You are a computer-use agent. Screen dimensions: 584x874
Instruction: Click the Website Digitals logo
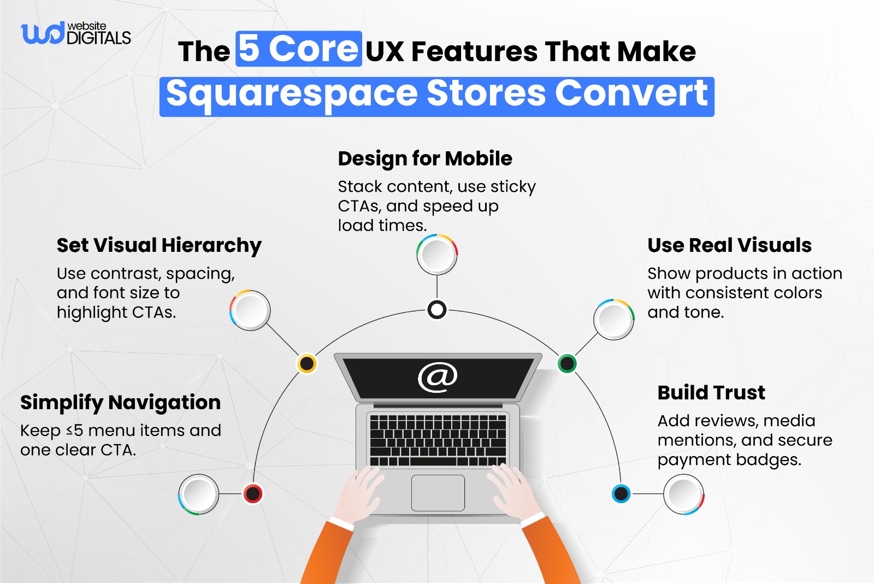(x=75, y=34)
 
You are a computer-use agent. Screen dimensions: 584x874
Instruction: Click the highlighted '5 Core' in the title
(x=299, y=49)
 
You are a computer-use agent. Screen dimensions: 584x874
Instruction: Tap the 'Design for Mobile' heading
(x=425, y=158)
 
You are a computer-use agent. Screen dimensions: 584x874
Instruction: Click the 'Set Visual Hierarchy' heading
(x=159, y=245)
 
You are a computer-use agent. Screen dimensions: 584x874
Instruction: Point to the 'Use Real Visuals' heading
(x=729, y=245)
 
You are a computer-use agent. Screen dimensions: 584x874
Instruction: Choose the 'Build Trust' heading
(x=711, y=393)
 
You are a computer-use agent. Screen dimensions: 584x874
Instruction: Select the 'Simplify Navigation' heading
(x=120, y=403)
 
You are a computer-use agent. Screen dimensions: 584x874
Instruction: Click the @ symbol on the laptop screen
(x=438, y=377)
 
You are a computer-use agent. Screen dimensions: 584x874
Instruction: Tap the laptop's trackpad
(x=438, y=493)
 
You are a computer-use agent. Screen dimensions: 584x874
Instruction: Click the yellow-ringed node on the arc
(x=307, y=363)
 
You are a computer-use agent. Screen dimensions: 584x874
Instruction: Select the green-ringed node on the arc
(x=567, y=363)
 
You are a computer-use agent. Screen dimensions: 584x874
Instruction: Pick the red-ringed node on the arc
(x=253, y=494)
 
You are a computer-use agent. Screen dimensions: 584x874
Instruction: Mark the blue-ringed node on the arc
(x=621, y=494)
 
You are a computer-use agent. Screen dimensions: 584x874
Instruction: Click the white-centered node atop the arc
(x=437, y=310)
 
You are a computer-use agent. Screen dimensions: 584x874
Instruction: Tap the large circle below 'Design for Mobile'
(x=437, y=255)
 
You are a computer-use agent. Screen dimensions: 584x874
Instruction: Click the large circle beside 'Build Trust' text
(x=684, y=494)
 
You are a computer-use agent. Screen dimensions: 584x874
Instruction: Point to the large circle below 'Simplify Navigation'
(x=199, y=494)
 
